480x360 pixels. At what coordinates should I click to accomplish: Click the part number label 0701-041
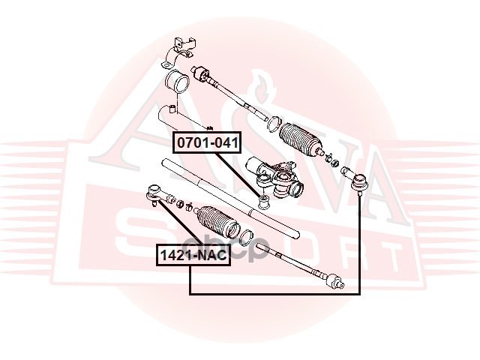[207, 142]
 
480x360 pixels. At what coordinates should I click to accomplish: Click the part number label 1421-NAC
[193, 255]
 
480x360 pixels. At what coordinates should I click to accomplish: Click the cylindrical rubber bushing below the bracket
[177, 81]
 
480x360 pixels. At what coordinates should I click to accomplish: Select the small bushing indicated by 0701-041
[263, 202]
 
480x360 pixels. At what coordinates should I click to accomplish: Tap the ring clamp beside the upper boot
[274, 124]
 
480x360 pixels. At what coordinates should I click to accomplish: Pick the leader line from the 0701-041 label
[238, 175]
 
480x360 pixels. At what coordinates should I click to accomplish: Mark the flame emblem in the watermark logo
[260, 86]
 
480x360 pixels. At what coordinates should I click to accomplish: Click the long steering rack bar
[230, 198]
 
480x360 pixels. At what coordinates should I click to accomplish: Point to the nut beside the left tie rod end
[181, 203]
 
